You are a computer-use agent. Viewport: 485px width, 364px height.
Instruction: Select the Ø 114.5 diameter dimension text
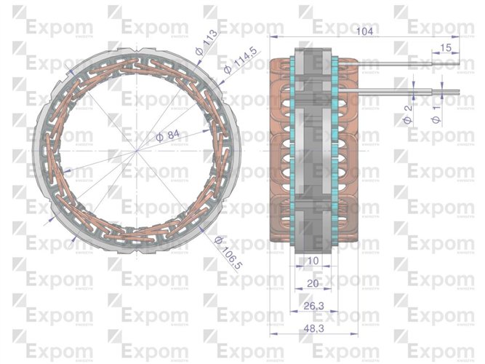(241, 60)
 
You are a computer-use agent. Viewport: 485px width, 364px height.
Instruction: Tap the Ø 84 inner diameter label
(168, 135)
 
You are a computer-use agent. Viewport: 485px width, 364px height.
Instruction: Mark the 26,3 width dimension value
(313, 306)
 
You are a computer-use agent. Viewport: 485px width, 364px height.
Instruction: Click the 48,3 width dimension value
(313, 329)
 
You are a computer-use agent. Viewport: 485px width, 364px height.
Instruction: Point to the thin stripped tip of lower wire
(452, 92)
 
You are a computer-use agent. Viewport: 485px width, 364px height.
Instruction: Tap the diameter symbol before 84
(159, 137)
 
